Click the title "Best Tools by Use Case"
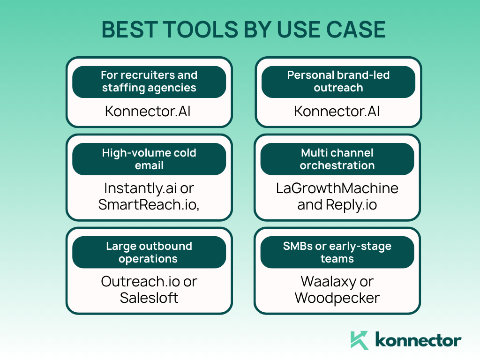click(243, 30)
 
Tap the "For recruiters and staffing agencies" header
click(149, 82)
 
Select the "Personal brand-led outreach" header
click(338, 82)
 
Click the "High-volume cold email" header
click(149, 159)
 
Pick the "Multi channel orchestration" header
click(337, 159)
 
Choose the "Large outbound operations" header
click(149, 252)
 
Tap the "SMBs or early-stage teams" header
click(337, 252)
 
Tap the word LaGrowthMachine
click(337, 188)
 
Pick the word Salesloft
click(149, 298)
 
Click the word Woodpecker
click(337, 298)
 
